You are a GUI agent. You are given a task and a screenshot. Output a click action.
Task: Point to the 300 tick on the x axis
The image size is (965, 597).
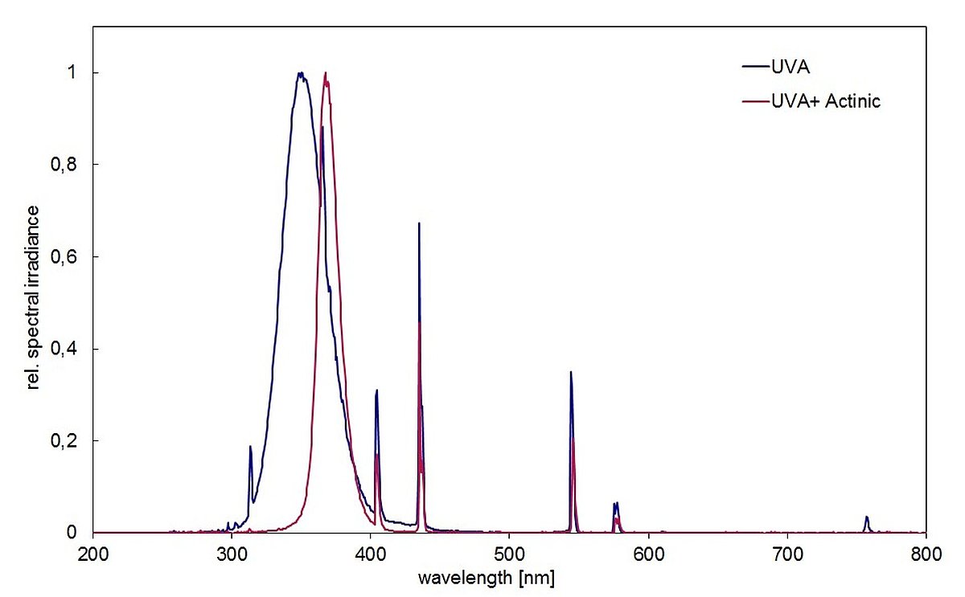[232, 554]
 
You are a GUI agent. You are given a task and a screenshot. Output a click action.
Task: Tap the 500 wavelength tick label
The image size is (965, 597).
[509, 554]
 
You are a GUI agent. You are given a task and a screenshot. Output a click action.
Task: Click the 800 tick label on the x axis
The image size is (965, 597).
[926, 554]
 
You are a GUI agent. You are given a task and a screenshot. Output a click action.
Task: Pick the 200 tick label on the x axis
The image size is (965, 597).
[93, 554]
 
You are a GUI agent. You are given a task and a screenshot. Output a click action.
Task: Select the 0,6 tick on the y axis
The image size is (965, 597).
[75, 257]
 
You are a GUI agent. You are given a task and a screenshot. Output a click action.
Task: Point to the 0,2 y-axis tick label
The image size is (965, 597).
[75, 441]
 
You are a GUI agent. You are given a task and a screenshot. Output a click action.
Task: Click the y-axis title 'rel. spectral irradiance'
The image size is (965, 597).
[34, 298]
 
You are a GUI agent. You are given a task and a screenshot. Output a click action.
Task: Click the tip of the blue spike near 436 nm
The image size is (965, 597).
[419, 223]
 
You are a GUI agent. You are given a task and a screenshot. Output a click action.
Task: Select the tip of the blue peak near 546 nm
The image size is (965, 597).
[571, 372]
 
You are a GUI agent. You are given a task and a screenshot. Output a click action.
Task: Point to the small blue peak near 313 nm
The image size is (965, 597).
[250, 447]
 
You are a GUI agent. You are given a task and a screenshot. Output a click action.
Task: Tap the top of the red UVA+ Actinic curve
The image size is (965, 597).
[326, 73]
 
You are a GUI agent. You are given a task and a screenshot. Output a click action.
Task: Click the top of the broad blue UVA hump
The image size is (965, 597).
[300, 73]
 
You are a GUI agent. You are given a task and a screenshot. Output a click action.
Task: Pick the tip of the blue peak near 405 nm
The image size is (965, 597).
[376, 391]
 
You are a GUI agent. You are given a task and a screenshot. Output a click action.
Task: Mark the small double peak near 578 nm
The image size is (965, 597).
[616, 504]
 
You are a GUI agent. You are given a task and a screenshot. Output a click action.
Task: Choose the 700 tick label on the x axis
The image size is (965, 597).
[787, 554]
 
